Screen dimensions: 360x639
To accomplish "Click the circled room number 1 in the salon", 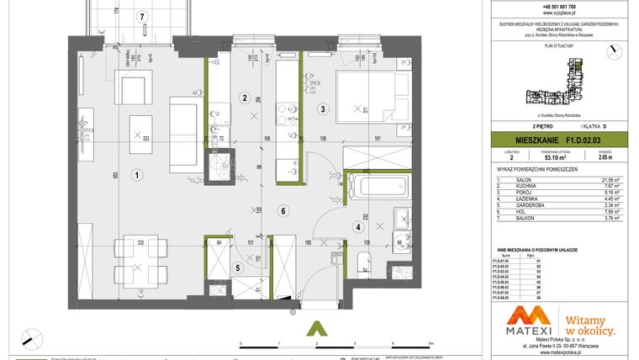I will [x=135, y=175].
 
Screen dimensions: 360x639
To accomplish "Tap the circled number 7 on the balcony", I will [x=143, y=16].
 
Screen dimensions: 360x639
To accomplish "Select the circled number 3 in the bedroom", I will [x=321, y=109].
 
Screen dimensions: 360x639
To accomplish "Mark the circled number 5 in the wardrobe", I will [x=238, y=268].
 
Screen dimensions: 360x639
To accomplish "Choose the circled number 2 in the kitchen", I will [x=244, y=98].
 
